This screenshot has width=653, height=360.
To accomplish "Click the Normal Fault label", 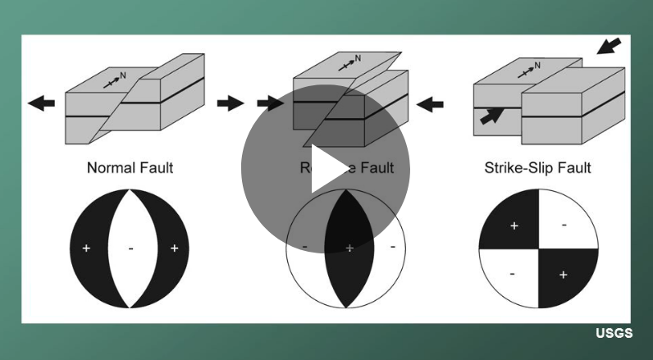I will click(x=130, y=168).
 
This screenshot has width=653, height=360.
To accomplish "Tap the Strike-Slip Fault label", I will click(x=538, y=168).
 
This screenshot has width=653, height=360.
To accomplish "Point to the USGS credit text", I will click(x=614, y=334).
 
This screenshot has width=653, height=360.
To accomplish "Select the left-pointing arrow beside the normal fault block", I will click(x=41, y=103).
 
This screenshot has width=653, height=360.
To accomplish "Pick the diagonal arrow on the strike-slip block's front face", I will click(x=490, y=116).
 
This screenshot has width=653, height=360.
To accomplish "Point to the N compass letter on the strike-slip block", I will click(x=537, y=64).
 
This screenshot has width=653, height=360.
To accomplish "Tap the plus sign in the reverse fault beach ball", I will click(x=349, y=247).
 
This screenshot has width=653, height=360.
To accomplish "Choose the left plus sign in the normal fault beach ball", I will click(x=85, y=248).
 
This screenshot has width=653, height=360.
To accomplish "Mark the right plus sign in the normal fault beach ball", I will click(x=174, y=248).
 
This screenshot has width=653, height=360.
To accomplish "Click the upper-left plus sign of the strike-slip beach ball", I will click(x=514, y=225).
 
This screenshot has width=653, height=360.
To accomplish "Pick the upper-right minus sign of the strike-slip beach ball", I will click(x=564, y=222).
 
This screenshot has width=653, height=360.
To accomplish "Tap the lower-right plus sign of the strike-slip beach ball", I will click(x=563, y=275).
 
